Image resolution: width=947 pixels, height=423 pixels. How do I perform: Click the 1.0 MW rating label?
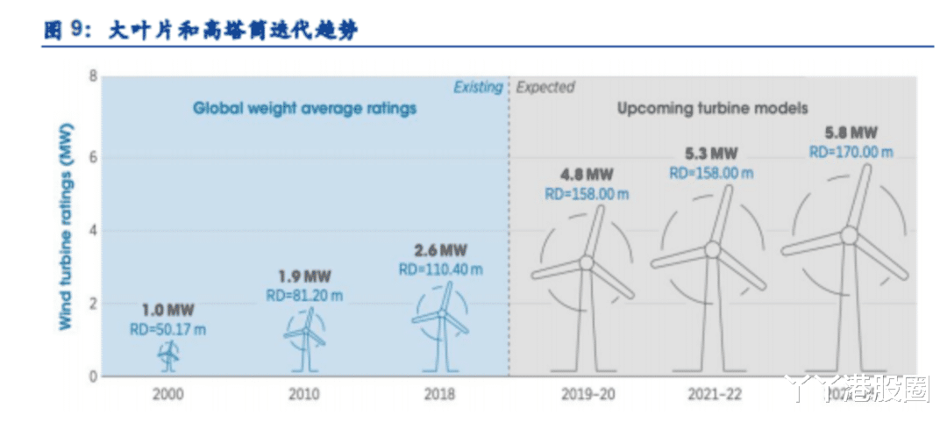pos(168,310)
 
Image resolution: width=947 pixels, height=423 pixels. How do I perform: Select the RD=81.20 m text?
pos(304,296)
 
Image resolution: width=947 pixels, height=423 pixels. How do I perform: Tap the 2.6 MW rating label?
pos(440,250)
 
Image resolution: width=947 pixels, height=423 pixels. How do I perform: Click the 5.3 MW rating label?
pos(711,154)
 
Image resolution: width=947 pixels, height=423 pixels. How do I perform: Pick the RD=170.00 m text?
pos(851,151)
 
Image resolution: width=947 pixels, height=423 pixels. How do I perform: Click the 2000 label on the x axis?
pos(168,394)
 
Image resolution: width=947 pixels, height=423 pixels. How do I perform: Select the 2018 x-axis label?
pos(439,394)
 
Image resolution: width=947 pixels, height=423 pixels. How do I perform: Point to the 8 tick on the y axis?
pos(92,76)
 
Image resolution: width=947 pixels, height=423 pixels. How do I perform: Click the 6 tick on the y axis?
pos(92,156)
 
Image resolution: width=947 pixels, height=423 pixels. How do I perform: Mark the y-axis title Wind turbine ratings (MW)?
pos(66,226)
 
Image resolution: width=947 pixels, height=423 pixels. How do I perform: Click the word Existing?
pos(478,87)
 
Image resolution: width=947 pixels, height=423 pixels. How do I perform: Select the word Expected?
pos(545,87)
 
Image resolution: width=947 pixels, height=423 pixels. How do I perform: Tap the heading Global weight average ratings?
pos(304,109)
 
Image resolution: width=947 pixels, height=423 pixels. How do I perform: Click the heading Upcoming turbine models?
pos(712,109)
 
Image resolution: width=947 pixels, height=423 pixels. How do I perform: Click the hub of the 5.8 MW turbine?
pos(848,234)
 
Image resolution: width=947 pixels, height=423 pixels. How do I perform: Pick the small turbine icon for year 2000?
pos(168,355)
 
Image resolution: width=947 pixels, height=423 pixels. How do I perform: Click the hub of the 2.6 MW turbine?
pos(443,313)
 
